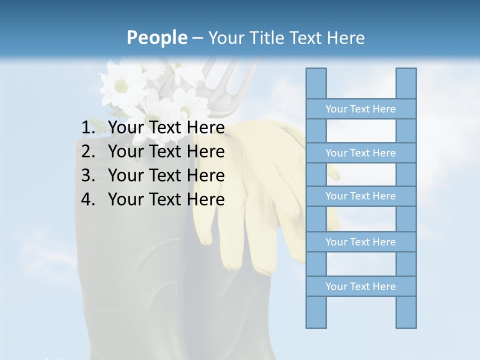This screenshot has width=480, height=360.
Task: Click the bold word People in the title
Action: tap(156, 38)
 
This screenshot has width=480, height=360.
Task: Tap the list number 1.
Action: tap(88, 128)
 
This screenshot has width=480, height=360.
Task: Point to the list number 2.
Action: tap(88, 151)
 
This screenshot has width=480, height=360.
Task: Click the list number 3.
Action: tap(88, 175)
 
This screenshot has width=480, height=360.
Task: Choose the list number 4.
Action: tap(88, 199)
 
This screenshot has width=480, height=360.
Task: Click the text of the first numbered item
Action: tap(166, 128)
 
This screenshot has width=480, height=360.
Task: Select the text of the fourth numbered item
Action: tap(166, 199)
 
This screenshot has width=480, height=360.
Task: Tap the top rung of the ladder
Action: tap(360, 109)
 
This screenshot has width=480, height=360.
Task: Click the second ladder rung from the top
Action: tap(360, 153)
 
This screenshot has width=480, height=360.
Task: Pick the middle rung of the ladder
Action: tap(360, 196)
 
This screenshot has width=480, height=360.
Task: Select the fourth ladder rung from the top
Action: tap(360, 242)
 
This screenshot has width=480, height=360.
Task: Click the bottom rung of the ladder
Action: tap(360, 286)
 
